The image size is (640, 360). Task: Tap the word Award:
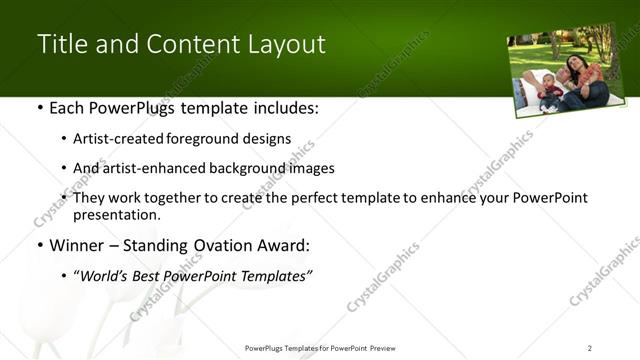pos(283,244)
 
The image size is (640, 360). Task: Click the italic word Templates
pos(273,276)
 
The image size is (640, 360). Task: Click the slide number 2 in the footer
pos(590,347)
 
